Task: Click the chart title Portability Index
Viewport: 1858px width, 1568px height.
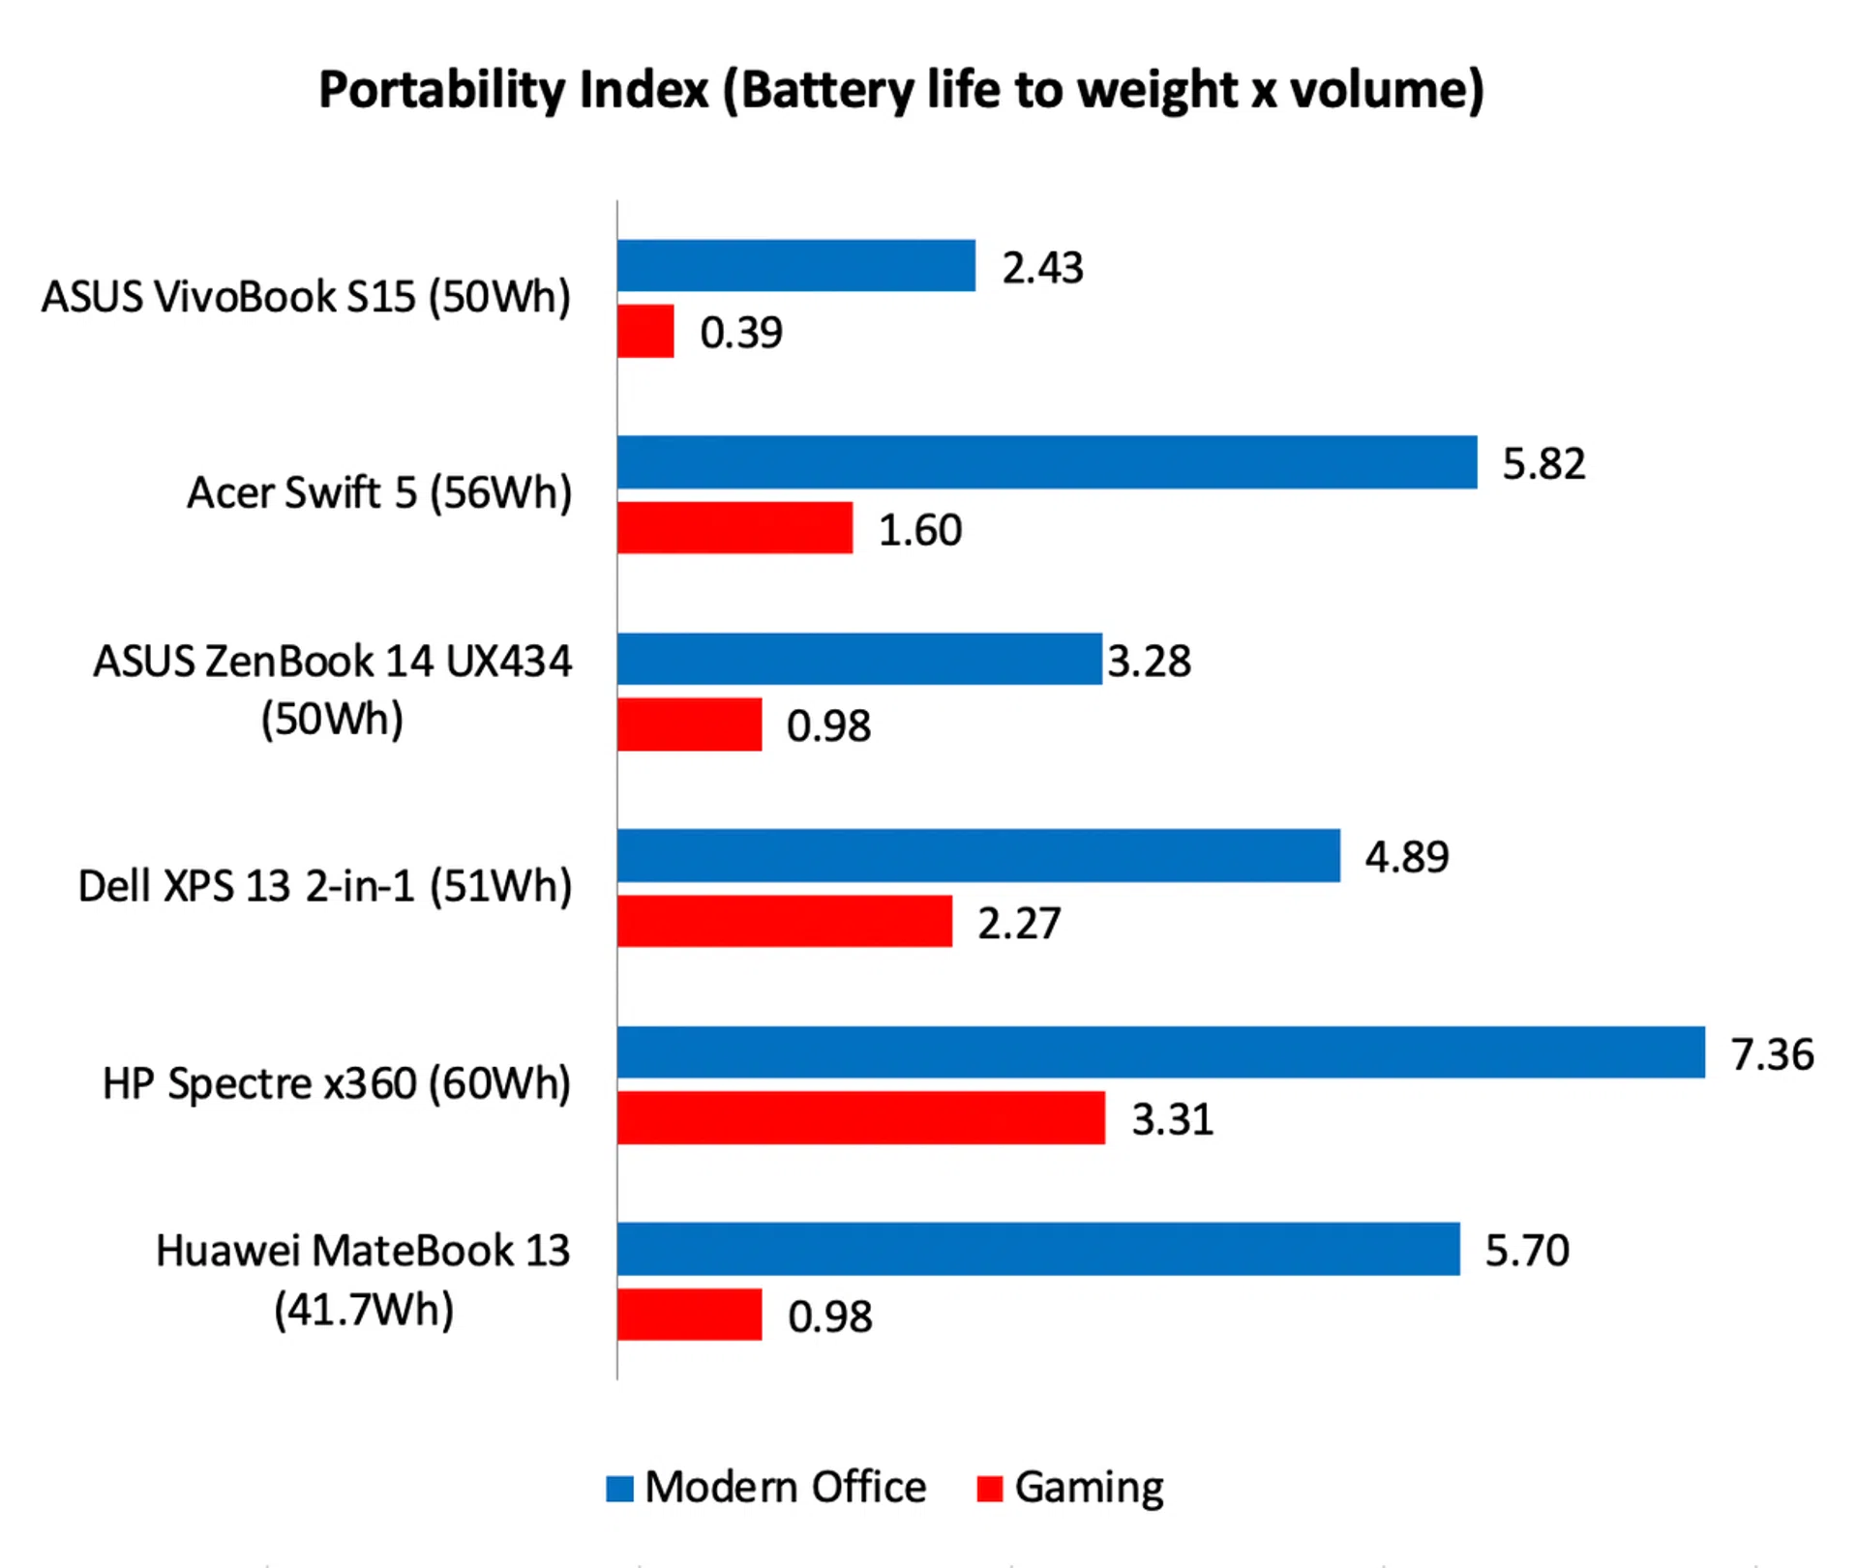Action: [901, 91]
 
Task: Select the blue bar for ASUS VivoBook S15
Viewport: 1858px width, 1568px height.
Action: [795, 266]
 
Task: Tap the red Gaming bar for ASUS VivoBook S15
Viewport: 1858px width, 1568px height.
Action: [645, 332]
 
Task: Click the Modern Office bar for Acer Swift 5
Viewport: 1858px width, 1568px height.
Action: [1047, 462]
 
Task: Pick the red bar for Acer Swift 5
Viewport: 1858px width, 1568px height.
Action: [734, 528]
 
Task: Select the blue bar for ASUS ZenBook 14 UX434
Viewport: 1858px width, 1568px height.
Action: [859, 659]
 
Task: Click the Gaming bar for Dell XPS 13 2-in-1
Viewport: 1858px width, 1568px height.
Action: [785, 921]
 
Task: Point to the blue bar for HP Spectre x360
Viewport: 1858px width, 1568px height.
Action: [1160, 1052]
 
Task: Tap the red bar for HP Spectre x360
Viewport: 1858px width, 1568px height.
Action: [861, 1118]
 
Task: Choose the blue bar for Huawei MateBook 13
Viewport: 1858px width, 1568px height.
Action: [1038, 1249]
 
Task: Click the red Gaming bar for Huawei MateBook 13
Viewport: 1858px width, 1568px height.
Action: [689, 1315]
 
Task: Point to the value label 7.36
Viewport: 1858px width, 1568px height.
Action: [1772, 1054]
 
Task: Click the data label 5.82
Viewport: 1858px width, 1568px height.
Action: [1543, 464]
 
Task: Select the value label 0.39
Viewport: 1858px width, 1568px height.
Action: [741, 333]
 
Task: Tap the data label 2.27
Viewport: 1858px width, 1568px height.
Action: [1019, 923]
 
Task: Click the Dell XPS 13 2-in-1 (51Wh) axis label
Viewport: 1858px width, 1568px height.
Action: [325, 886]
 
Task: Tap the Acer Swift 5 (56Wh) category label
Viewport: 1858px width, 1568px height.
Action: [379, 493]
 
